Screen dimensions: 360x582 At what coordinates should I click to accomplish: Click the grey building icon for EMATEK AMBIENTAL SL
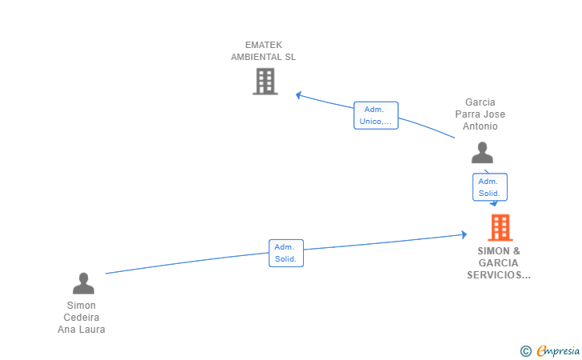coord(265,81)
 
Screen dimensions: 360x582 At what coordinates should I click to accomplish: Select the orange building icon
coord(500,228)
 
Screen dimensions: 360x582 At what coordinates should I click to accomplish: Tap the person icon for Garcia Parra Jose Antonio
coord(482,152)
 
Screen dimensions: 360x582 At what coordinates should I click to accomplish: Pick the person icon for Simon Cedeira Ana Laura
coord(83,283)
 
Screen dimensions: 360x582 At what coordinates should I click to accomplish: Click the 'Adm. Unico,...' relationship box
coord(376,115)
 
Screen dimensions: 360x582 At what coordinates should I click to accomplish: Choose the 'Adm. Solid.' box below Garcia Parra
coord(489,187)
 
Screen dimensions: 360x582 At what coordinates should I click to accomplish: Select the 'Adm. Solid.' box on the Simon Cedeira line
coord(285,253)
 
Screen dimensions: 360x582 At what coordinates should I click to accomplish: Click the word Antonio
coord(480,126)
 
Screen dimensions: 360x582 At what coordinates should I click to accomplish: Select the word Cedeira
coord(82,317)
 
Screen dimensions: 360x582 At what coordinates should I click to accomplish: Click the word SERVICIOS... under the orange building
coord(499,274)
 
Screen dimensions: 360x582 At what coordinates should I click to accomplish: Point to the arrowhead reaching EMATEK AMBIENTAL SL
coord(298,95)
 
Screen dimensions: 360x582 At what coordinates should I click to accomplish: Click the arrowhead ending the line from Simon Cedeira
coord(464,234)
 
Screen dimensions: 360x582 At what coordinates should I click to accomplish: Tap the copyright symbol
coord(525,350)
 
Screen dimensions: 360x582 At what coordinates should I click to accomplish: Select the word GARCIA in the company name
coord(499,262)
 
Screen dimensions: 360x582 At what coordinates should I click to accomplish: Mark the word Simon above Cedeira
coord(82,305)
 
